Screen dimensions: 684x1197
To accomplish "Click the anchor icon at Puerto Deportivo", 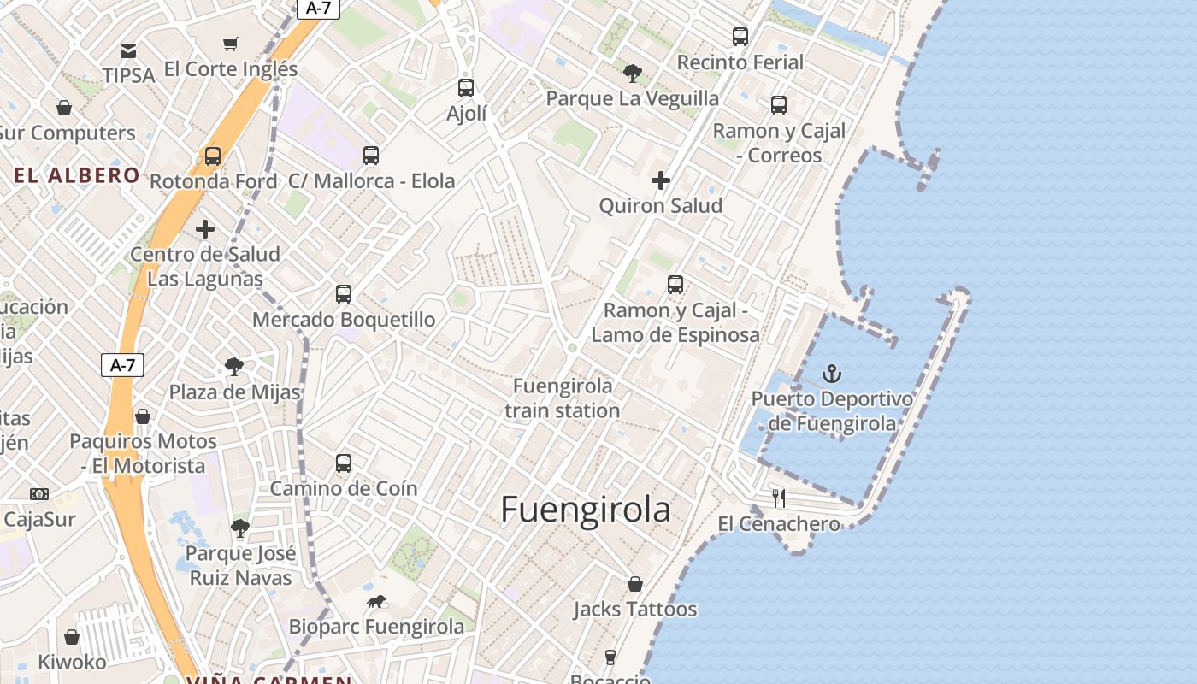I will pyautogui.click(x=831, y=374).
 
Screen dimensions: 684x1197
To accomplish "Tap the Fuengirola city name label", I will pyautogui.click(x=586, y=510).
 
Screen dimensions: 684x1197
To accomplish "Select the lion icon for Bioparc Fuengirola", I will pyautogui.click(x=376, y=602).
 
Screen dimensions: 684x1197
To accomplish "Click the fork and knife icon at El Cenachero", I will pyautogui.click(x=779, y=498).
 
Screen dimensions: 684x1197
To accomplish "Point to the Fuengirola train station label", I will pyautogui.click(x=563, y=398).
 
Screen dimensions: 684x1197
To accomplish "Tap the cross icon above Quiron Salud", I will pyautogui.click(x=660, y=180).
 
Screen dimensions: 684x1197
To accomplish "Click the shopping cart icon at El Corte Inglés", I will pyautogui.click(x=230, y=44).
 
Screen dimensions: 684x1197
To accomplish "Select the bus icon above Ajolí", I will pyautogui.click(x=466, y=87).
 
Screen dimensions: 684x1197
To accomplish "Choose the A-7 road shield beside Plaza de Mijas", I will pyautogui.click(x=122, y=365).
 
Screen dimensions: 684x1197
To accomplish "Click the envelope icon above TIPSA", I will pyautogui.click(x=128, y=51).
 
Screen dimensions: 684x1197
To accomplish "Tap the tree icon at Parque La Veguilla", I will pyautogui.click(x=632, y=73).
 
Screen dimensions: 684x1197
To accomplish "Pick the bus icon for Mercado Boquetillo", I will pyautogui.click(x=344, y=294).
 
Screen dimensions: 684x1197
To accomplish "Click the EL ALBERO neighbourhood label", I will pyautogui.click(x=77, y=176).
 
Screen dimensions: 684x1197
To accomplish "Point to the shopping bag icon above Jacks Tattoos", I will pyautogui.click(x=634, y=584).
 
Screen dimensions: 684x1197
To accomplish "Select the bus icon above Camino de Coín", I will pyautogui.click(x=344, y=463).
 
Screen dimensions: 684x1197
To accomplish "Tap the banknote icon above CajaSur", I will pyautogui.click(x=39, y=494).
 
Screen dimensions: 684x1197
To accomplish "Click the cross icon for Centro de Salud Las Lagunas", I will pyautogui.click(x=205, y=229).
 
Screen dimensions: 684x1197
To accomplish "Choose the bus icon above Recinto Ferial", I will pyautogui.click(x=740, y=37).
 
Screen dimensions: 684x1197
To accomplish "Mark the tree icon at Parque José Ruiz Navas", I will pyautogui.click(x=240, y=528).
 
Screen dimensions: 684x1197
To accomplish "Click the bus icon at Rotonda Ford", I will pyautogui.click(x=213, y=156).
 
